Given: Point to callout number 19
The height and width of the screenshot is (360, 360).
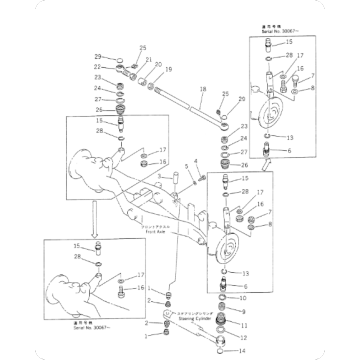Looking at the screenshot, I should coord(168,69).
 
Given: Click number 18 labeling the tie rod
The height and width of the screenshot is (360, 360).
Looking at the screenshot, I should coord(201,90).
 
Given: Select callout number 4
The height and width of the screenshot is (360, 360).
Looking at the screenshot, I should coord(198,161).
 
